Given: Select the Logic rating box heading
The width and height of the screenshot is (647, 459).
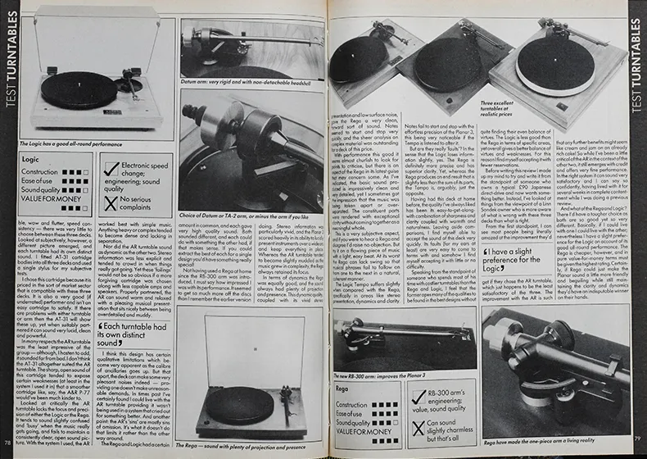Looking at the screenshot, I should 31,158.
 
